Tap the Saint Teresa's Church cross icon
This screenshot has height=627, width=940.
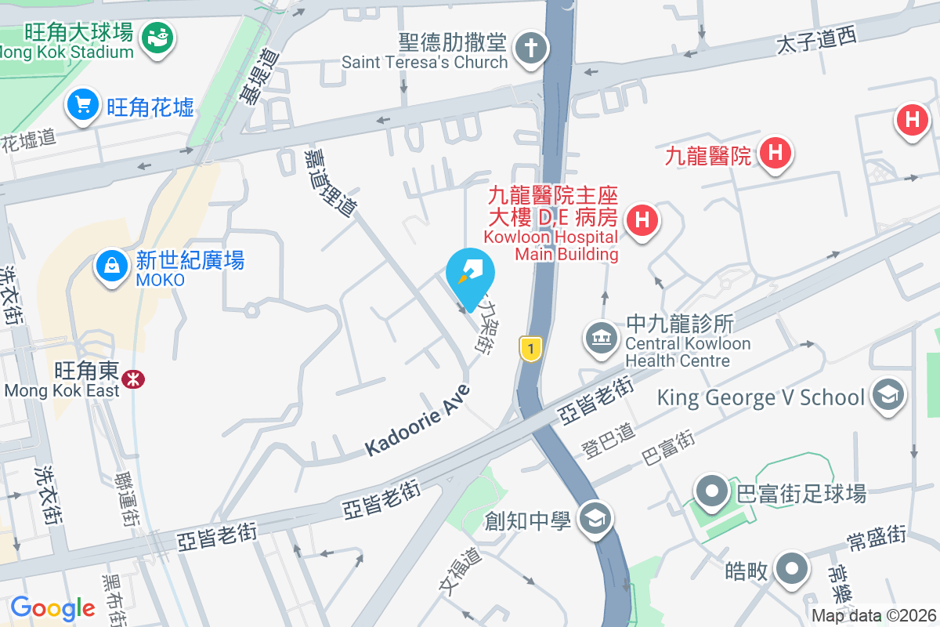click(530, 49)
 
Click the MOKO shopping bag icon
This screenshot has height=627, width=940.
click(112, 266)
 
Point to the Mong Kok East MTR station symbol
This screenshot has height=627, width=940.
click(133, 379)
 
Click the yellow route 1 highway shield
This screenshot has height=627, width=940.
click(531, 349)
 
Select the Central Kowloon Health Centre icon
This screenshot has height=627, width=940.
click(601, 339)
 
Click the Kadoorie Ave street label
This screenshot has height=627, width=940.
click(418, 421)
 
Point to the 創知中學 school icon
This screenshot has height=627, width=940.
click(595, 518)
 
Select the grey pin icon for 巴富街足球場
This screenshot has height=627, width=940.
click(712, 491)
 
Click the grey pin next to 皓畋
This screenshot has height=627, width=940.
click(792, 569)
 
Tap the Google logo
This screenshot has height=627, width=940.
click(52, 608)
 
